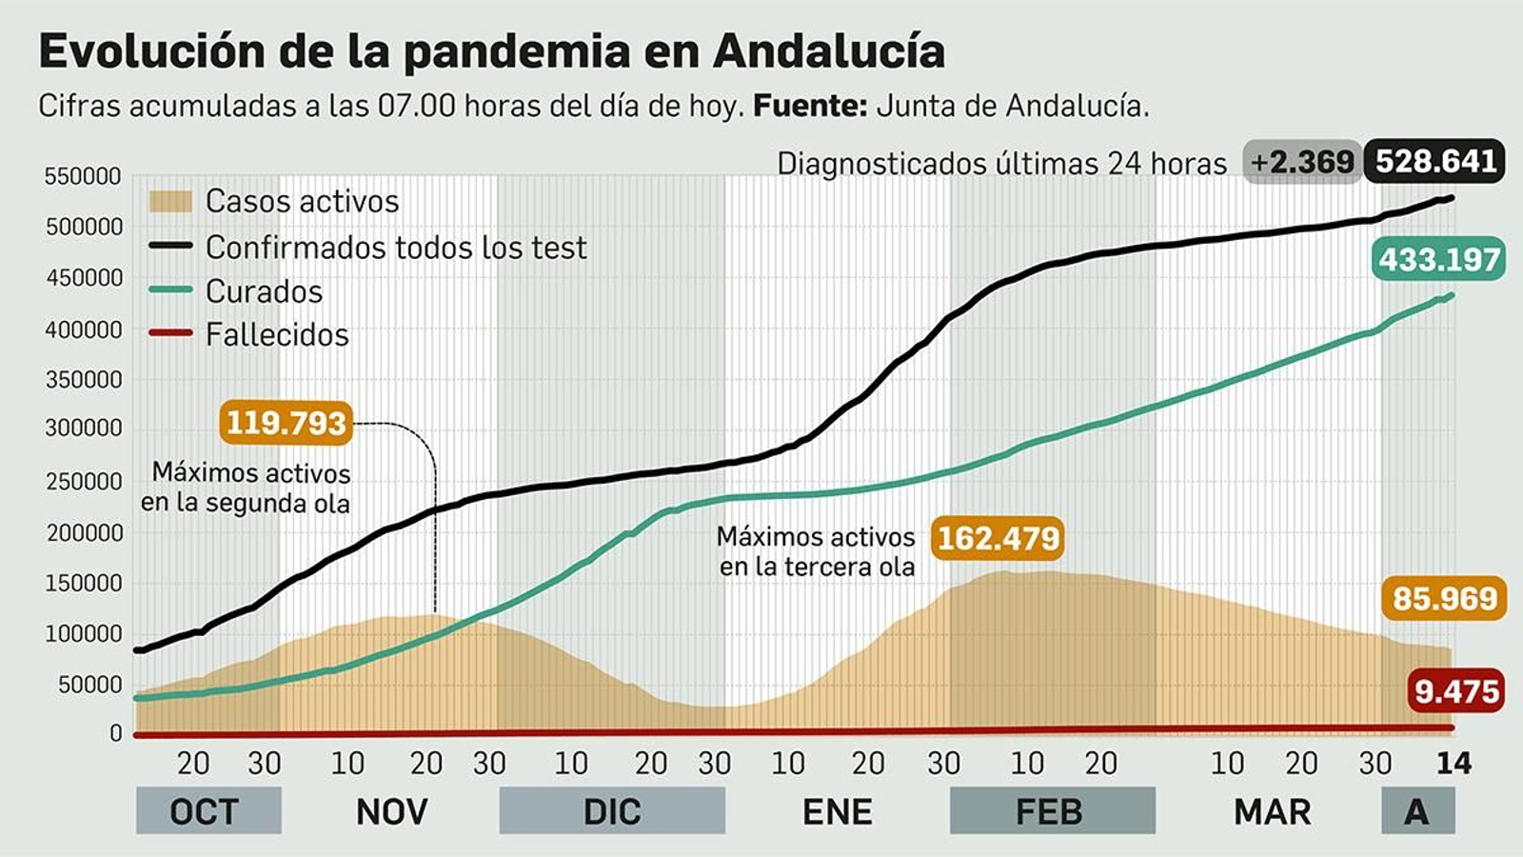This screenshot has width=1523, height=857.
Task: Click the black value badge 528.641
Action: pos(1435,162)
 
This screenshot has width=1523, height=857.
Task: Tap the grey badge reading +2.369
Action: pos(1302,163)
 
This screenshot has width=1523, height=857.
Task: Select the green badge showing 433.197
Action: pos(1438,259)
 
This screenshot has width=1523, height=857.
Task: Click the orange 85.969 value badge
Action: pos(1444,598)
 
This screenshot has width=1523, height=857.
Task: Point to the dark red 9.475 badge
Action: pos(1456,690)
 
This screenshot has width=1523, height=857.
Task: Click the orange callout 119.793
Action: pos(286,423)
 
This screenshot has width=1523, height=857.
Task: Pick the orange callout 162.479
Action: pos(998,538)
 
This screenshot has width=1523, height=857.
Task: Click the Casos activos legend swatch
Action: pos(170,201)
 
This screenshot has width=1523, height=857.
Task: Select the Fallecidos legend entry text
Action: pos(277,335)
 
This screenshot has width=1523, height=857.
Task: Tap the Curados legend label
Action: pos(264,291)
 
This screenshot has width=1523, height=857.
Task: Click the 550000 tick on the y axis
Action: pos(83,176)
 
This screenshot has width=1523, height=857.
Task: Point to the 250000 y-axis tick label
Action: pos(84,482)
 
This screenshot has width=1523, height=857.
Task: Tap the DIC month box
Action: pos(611,811)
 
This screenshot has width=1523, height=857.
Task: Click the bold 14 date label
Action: pos(1453,763)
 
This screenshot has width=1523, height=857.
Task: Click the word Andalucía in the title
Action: pos(828,51)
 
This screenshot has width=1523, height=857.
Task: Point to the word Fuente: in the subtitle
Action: pos(810,106)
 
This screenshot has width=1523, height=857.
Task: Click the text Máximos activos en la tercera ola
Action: pos(816,551)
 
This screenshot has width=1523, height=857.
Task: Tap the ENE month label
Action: pos(837,811)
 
